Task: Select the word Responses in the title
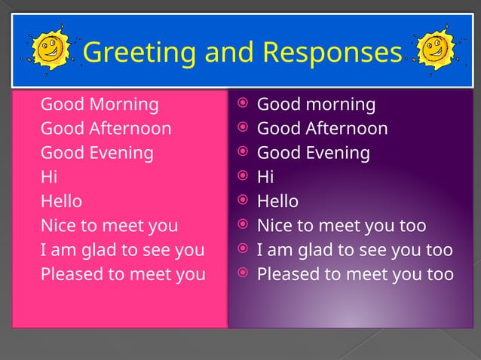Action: click(332, 53)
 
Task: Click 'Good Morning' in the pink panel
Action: click(100, 104)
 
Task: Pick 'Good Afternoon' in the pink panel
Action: click(106, 128)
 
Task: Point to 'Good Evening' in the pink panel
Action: click(97, 153)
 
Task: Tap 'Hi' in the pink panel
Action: click(48, 177)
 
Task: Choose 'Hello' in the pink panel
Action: click(61, 201)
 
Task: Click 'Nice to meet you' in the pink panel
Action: click(109, 225)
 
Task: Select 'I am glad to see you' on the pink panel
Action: click(122, 249)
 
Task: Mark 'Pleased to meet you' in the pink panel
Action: click(123, 273)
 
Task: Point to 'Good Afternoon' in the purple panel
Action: click(323, 128)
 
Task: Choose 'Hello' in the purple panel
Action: click(278, 201)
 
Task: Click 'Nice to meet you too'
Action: click(342, 225)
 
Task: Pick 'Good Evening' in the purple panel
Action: click(314, 153)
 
